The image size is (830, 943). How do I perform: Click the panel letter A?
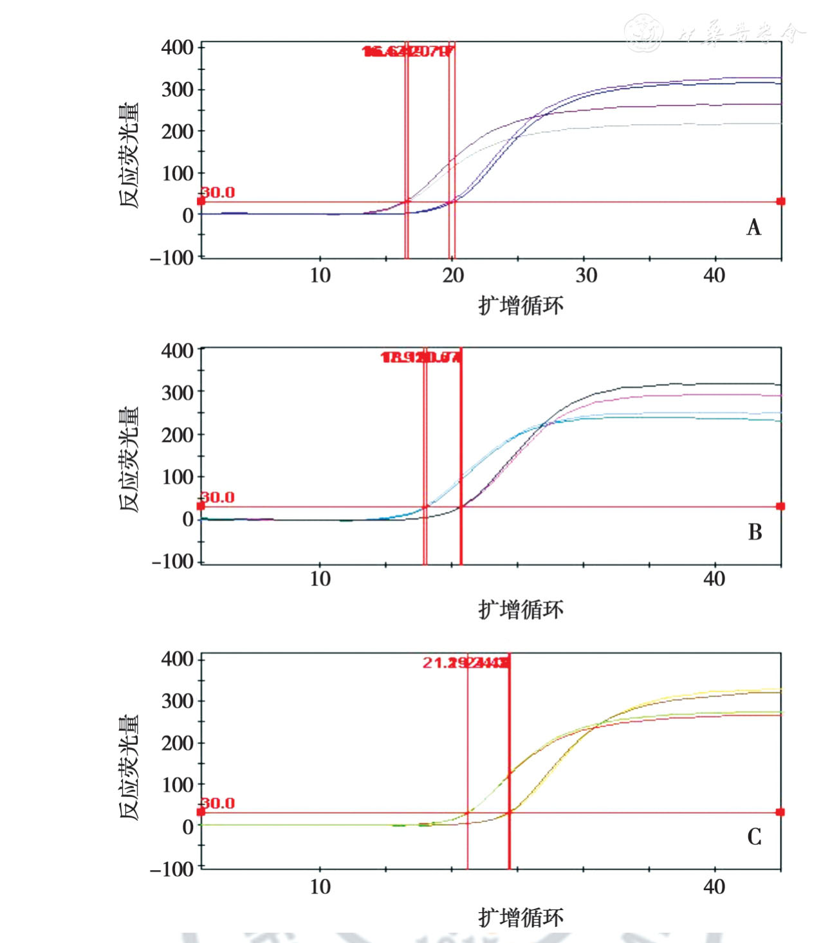point(753,227)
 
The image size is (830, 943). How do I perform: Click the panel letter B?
point(755,532)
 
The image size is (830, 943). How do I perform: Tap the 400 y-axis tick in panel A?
point(178,47)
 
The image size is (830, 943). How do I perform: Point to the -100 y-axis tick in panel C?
point(172,868)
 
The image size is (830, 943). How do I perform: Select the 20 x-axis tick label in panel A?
point(453,275)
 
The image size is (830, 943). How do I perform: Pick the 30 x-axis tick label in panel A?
point(586,275)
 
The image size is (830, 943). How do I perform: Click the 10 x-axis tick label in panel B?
point(320,579)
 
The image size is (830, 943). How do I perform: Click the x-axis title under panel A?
point(521,305)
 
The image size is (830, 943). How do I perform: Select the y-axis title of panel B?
point(129,459)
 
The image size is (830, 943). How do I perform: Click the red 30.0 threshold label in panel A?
point(219,192)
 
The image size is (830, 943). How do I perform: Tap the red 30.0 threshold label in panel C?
point(219,803)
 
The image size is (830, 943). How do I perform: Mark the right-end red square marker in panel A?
point(780,201)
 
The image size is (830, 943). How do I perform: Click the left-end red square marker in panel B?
point(201,506)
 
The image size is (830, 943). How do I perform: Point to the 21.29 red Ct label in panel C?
point(444,663)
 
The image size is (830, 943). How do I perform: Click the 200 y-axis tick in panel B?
point(178,434)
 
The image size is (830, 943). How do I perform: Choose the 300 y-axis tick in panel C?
point(178,700)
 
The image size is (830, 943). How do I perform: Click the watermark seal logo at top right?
point(643,32)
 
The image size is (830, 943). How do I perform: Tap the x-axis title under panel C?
point(521,917)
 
